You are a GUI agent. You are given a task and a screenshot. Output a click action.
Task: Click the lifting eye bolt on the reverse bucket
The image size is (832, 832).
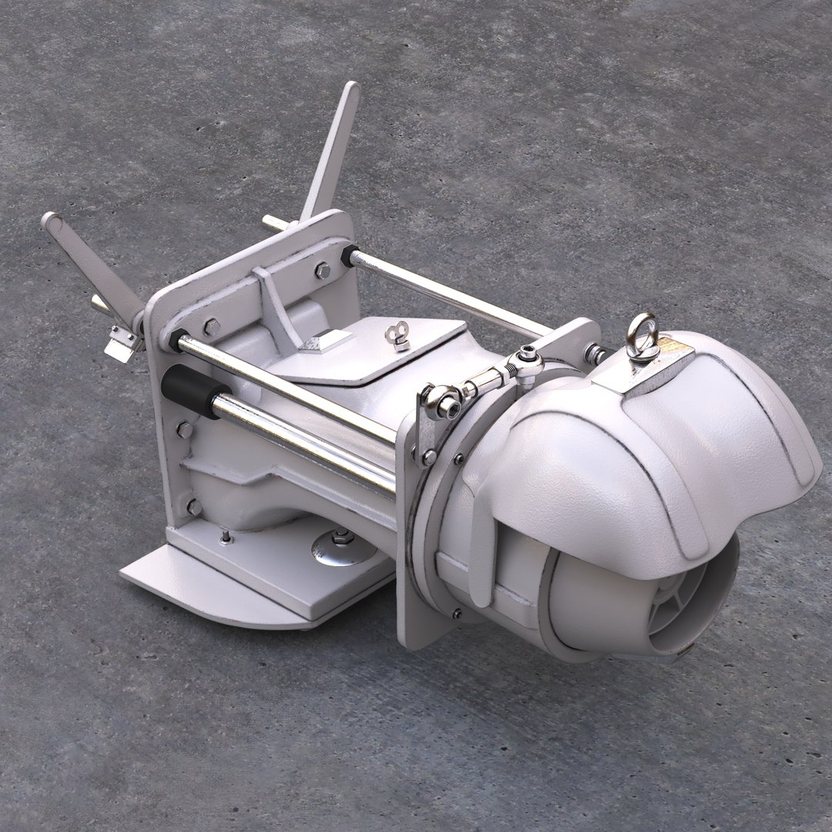pos(641,334)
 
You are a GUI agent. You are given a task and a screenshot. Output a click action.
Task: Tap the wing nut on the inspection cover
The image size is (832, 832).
pos(398,336)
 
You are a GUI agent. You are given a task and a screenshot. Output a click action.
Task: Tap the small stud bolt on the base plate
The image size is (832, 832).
pos(224,535)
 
